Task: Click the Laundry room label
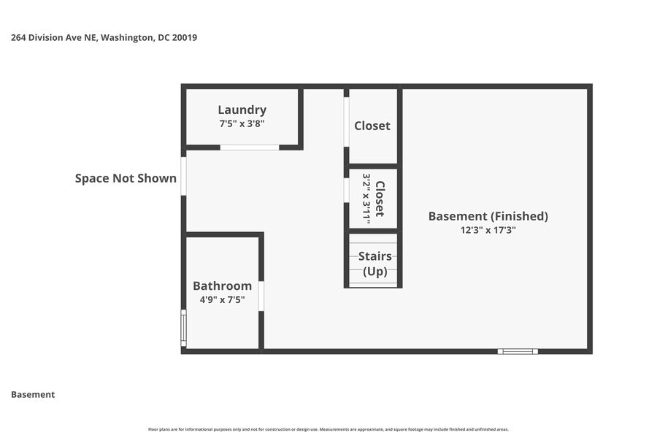click(242, 110)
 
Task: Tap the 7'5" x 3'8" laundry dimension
click(242, 124)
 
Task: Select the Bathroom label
click(222, 286)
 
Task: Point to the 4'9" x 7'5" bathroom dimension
click(222, 299)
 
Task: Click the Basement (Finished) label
click(488, 216)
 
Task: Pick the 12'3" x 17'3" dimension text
click(488, 230)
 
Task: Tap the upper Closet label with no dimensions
click(372, 126)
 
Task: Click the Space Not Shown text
click(126, 178)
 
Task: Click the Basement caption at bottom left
click(33, 394)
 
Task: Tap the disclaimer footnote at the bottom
click(328, 429)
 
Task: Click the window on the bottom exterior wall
click(518, 351)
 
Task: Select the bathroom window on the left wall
click(183, 328)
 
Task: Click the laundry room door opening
click(250, 147)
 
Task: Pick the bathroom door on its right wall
click(261, 296)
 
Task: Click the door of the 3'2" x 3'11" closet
click(346, 189)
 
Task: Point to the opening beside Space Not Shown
click(183, 176)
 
